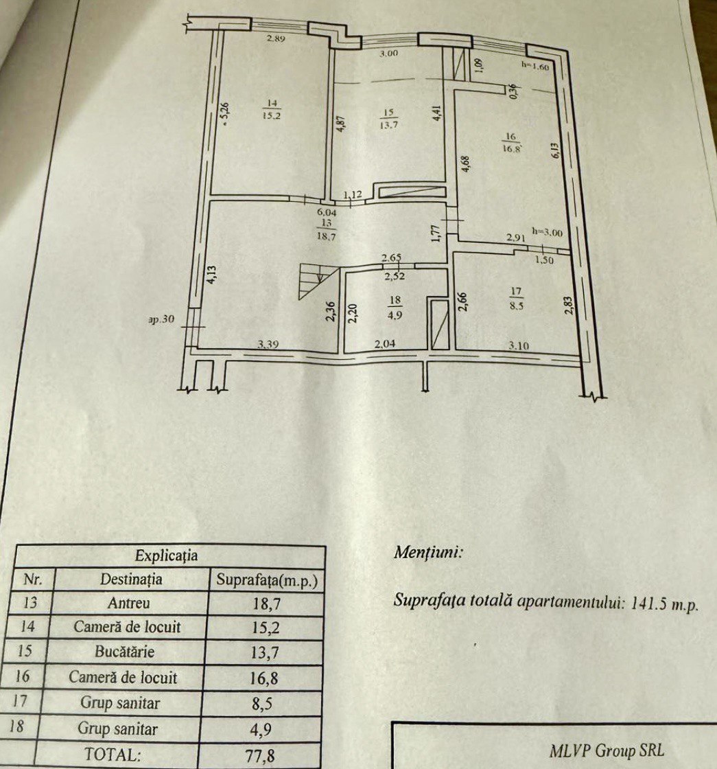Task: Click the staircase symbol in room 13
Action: click(x=318, y=281)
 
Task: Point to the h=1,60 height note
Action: click(x=534, y=66)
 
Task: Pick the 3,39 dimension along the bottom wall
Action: click(x=268, y=344)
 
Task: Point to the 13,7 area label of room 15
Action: click(x=388, y=124)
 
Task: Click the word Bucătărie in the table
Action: click(x=124, y=652)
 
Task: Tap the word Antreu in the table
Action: click(x=128, y=603)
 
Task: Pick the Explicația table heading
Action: click(x=166, y=555)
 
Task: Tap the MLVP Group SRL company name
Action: click(x=607, y=750)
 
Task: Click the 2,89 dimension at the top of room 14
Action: click(x=276, y=38)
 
